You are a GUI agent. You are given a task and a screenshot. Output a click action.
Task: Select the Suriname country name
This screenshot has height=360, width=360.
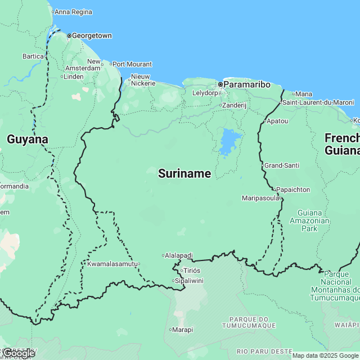pos(184,174)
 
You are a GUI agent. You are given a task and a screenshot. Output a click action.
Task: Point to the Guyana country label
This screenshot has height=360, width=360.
pos(27,139)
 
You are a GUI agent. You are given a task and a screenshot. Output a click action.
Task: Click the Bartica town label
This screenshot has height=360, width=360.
pos(33,56)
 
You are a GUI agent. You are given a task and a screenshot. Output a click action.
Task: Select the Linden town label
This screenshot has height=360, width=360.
pos(74,76)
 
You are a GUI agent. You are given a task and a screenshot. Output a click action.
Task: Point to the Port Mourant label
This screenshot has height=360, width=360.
pos(132,64)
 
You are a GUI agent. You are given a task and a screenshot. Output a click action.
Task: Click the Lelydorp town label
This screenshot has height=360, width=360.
pos(204,93)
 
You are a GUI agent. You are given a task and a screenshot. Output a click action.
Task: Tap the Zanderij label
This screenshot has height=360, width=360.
pos(234,105)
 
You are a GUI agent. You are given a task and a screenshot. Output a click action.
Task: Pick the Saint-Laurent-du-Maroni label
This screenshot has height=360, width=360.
pos(318,102)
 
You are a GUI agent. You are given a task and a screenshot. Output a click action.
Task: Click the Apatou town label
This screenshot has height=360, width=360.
pos(277,121)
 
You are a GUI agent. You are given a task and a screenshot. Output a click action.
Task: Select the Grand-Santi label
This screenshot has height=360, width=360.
pos(282,165)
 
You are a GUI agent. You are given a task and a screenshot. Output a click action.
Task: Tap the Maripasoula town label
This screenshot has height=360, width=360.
pos(260,198)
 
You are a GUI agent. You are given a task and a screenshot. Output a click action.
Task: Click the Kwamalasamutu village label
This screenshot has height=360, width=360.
pos(112,263)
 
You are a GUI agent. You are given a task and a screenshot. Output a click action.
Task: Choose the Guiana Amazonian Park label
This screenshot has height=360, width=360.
pos(316,220)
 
